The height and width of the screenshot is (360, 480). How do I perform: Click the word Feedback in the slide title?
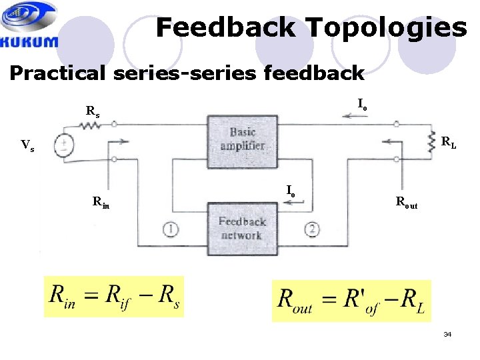pos(225,27)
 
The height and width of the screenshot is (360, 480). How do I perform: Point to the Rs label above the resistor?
pos(93,111)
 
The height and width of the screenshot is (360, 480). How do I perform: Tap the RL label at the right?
pos(449,142)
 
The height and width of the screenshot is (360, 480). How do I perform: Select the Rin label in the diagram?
pos(101,201)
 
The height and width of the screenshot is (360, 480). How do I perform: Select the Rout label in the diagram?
pos(407,203)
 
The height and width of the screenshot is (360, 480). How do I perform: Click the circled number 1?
pos(171,229)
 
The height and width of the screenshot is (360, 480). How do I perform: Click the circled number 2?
pos(312,229)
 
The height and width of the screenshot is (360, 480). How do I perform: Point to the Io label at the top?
pos(362,104)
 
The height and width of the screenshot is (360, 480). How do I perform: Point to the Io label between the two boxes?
pos(291,190)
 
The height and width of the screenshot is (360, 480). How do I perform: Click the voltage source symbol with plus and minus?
pos(65,146)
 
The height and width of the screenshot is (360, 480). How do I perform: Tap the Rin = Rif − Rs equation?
pos(114,296)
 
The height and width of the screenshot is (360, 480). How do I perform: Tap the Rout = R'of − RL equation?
pos(351,300)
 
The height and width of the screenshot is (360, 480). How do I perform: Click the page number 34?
pos(447,334)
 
